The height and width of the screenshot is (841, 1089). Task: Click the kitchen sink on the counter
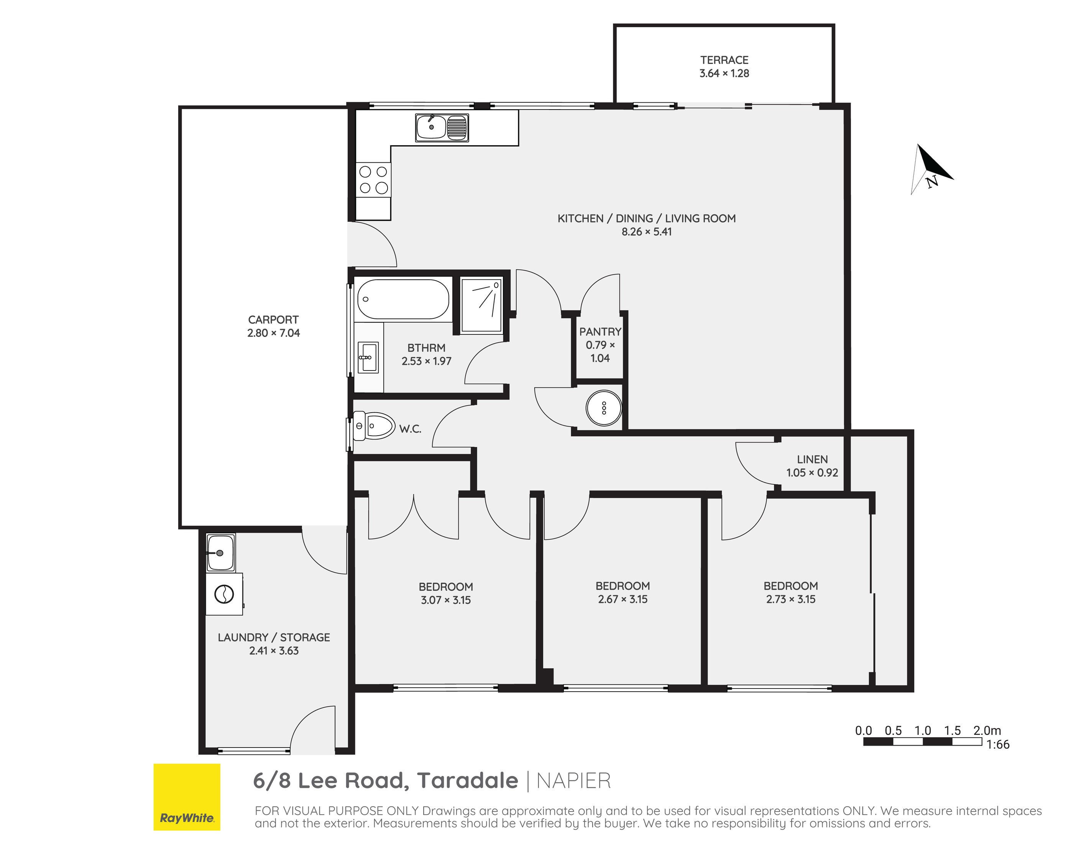click(442, 128)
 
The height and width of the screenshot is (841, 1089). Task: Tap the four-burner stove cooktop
click(373, 180)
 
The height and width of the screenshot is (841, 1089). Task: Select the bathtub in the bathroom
click(403, 299)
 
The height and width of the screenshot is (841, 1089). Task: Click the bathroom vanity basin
click(368, 357)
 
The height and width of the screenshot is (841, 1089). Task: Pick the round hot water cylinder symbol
click(603, 408)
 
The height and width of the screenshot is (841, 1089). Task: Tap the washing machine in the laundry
click(224, 594)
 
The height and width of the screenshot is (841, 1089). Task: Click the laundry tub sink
click(220, 553)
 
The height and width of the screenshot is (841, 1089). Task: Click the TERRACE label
click(724, 60)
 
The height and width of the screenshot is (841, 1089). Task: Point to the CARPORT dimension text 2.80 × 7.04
click(274, 333)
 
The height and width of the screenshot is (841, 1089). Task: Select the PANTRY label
click(600, 331)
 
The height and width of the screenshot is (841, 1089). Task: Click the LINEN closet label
click(812, 459)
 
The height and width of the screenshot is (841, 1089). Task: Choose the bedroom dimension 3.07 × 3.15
click(446, 600)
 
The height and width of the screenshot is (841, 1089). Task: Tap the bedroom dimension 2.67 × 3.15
click(623, 599)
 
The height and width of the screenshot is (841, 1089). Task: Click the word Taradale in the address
click(468, 781)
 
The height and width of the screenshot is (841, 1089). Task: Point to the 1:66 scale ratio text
click(998, 745)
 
